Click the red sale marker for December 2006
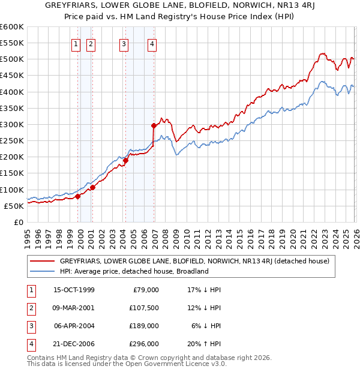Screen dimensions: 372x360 (x=154, y=126)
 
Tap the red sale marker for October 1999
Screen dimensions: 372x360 (x=78, y=196)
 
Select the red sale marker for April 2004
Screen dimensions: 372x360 (x=126, y=160)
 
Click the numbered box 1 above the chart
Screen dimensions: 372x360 (x=77, y=44)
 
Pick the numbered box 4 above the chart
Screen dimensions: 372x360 (x=152, y=44)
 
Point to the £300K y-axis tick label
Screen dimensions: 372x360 (x=12, y=124)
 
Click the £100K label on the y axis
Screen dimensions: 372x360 (x=12, y=190)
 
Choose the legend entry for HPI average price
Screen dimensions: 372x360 (x=133, y=271)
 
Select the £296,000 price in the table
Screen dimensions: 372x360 (x=144, y=344)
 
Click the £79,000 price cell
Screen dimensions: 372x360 (x=146, y=290)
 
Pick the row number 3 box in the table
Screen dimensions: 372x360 (x=30, y=326)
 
